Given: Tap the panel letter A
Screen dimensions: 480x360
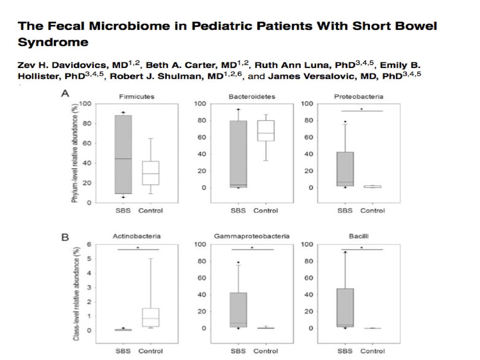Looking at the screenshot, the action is pyautogui.click(x=65, y=93).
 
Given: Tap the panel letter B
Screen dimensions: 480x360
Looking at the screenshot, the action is pyautogui.click(x=65, y=237).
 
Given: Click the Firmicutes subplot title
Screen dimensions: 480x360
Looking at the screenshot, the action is pyautogui.click(x=136, y=97).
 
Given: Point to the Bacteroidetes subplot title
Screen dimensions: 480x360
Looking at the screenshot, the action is pyautogui.click(x=252, y=97).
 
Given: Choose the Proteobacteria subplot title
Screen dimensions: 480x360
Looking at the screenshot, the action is pyautogui.click(x=359, y=97).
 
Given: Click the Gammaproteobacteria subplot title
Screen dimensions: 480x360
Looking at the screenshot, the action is pyautogui.click(x=252, y=236).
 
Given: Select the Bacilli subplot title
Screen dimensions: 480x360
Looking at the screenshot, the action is pyautogui.click(x=359, y=236).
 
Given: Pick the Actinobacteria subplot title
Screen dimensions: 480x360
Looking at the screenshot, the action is pyautogui.click(x=136, y=236).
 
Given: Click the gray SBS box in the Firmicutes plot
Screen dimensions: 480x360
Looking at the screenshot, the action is pyautogui.click(x=123, y=154).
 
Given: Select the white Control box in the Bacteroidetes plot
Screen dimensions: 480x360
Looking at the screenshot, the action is pyautogui.click(x=266, y=131).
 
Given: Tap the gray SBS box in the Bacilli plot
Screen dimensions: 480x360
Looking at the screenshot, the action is pyautogui.click(x=345, y=307).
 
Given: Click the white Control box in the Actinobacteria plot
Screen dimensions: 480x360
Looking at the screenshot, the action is pyautogui.click(x=150, y=317).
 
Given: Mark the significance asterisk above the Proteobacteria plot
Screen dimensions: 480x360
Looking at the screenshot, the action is pyautogui.click(x=361, y=109).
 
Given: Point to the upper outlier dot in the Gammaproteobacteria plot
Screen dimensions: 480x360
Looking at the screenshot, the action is pyautogui.click(x=239, y=262).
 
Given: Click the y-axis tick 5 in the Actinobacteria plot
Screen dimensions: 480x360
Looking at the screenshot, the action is pyautogui.click(x=89, y=259).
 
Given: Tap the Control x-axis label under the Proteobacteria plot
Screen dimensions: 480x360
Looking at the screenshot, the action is pyautogui.click(x=373, y=210).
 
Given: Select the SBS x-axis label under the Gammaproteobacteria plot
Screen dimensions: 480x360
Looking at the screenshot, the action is pyautogui.click(x=238, y=351).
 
